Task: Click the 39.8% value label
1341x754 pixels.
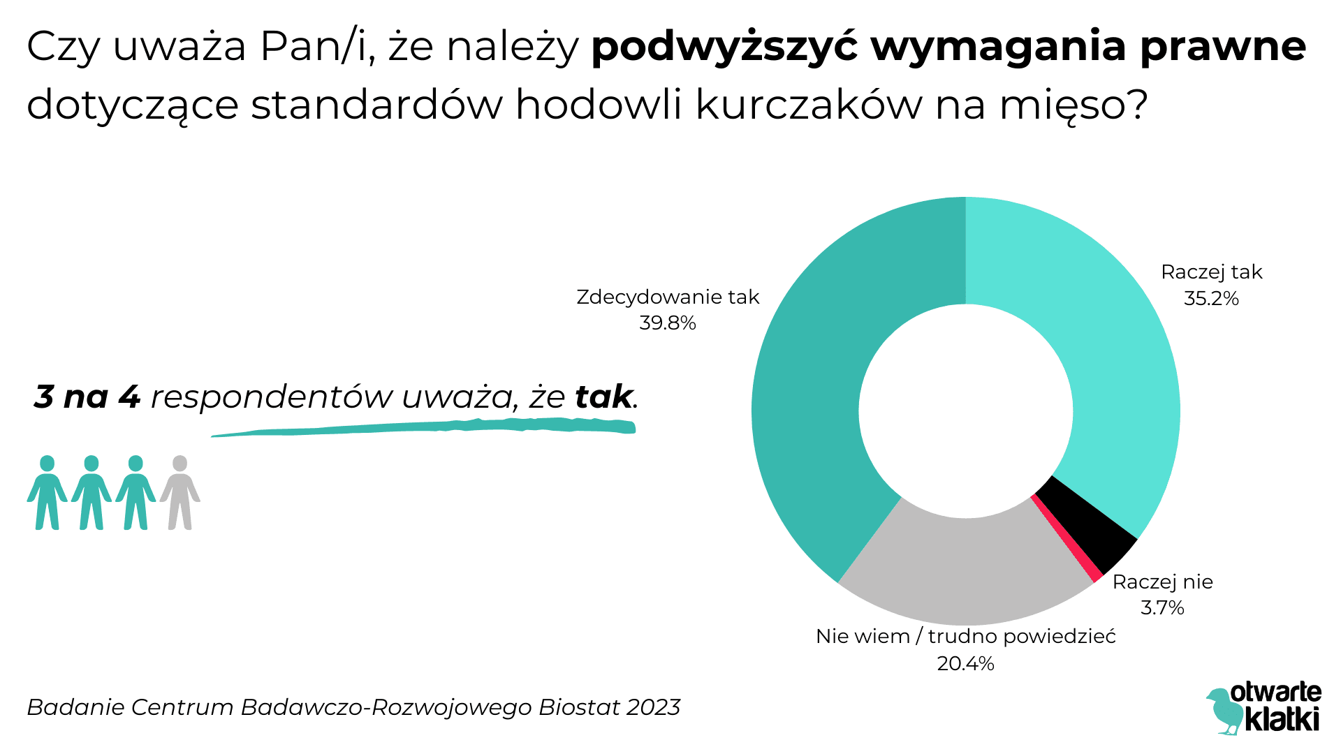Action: (x=668, y=323)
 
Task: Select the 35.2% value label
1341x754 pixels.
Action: (x=1211, y=299)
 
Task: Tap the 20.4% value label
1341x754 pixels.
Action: (x=965, y=663)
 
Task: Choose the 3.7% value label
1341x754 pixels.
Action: (x=1162, y=608)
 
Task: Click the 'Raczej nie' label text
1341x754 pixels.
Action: (x=1162, y=582)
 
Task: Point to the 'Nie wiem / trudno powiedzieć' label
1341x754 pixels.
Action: (x=965, y=637)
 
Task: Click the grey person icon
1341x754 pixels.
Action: (x=180, y=492)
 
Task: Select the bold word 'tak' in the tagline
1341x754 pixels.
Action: (x=603, y=397)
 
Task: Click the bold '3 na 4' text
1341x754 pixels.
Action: (x=87, y=397)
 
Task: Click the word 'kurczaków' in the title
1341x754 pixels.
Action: (x=809, y=105)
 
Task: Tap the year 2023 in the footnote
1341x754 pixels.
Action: (x=653, y=707)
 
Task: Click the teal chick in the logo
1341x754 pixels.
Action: (x=1224, y=711)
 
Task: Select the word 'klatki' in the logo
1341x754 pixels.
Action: (x=1283, y=719)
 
